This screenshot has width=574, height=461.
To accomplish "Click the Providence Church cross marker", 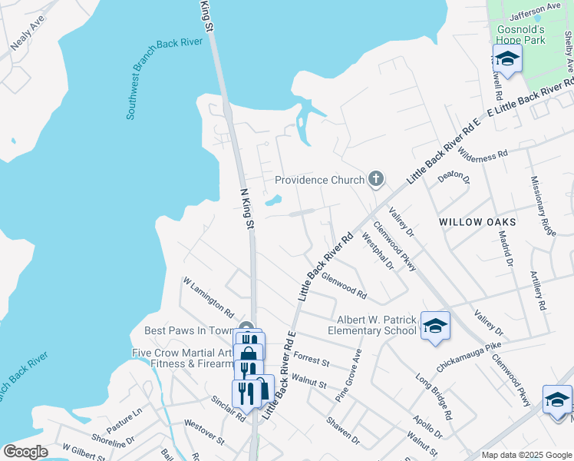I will [375, 180].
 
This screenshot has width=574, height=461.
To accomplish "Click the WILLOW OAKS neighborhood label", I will [477, 221].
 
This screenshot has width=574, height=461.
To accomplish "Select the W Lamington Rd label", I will [208, 297].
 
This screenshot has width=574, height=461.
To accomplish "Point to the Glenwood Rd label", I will [344, 285].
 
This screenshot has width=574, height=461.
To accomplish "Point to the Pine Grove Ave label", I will [348, 377].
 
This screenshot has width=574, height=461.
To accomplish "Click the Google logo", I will [25, 452].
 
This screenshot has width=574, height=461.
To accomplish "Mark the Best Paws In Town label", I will [189, 331].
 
